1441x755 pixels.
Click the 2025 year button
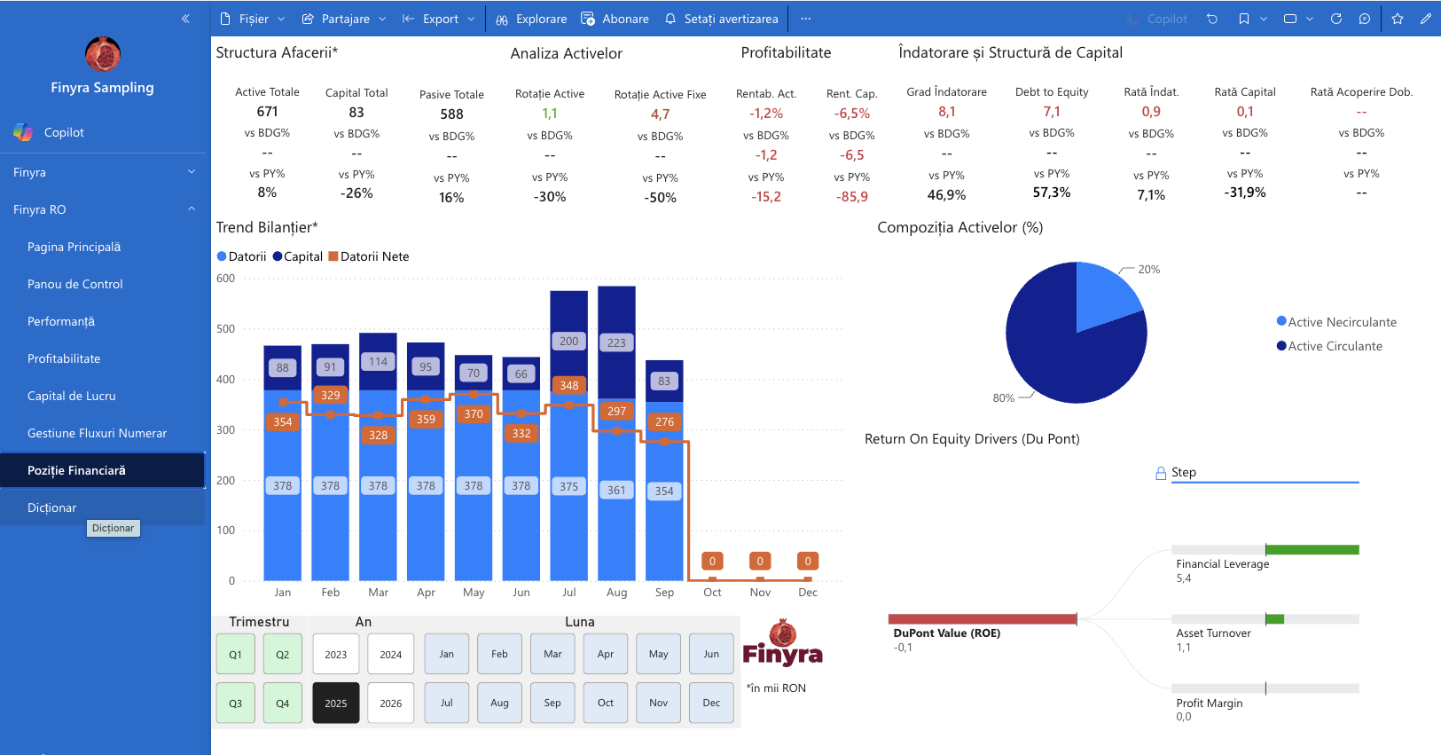(x=336, y=703)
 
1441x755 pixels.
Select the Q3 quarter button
(x=236, y=703)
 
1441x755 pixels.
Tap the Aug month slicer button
(x=499, y=703)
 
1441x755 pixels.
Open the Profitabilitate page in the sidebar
(x=64, y=358)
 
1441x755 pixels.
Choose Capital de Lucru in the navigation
(x=72, y=396)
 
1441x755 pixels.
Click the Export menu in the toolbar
(x=439, y=19)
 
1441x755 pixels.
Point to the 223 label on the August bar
(x=616, y=342)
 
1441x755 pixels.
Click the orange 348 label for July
(x=568, y=385)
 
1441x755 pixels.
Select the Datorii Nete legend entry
(x=369, y=256)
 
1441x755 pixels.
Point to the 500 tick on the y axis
(x=226, y=328)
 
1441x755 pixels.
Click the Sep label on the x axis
(x=664, y=592)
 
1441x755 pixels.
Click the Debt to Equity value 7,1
(x=1051, y=112)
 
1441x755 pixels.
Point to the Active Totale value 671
(x=267, y=112)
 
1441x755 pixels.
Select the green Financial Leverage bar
(x=1312, y=550)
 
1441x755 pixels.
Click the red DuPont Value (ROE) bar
(x=983, y=619)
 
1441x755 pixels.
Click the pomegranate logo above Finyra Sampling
(x=103, y=54)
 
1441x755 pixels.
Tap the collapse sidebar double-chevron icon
(x=185, y=19)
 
